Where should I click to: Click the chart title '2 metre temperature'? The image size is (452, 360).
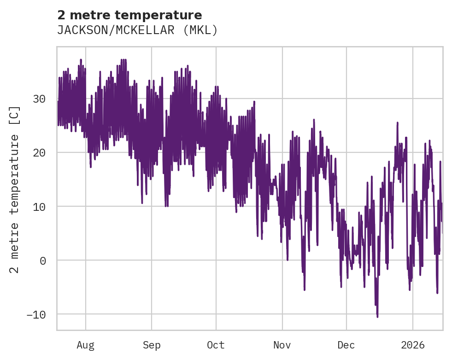(129, 15)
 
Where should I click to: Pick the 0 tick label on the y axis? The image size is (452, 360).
(42, 260)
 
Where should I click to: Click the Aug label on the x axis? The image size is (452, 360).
(86, 345)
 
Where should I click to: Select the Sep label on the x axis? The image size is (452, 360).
(151, 345)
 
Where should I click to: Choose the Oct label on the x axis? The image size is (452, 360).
(216, 345)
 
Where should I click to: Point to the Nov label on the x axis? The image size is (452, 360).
(282, 345)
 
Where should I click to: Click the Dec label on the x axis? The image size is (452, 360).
(346, 345)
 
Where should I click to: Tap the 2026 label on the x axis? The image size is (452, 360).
(413, 345)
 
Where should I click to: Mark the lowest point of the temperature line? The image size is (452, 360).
(377, 317)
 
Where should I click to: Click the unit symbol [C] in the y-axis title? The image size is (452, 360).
(15, 114)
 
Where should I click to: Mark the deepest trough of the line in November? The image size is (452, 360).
(305, 290)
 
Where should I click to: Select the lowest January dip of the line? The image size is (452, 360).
(437, 293)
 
